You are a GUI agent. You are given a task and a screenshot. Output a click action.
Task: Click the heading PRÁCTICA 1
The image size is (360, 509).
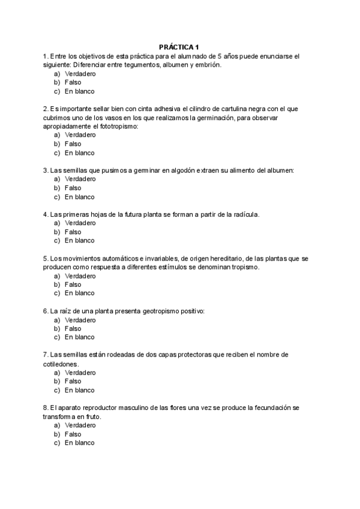(180, 47)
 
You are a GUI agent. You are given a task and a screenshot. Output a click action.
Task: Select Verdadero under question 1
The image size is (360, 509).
(80, 74)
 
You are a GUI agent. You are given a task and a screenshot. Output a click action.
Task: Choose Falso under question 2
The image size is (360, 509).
(73, 144)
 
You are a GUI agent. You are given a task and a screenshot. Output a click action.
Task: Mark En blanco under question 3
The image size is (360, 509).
(80, 197)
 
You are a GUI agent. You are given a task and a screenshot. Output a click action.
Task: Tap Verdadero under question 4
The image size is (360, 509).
(80, 223)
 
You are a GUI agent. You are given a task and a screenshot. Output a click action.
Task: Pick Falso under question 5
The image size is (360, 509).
(73, 285)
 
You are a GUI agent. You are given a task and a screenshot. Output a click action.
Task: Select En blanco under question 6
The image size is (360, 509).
(80, 337)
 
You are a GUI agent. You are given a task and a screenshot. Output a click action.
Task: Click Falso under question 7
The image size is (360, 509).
(73, 381)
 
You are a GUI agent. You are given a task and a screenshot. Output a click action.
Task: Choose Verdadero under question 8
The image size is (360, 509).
(80, 425)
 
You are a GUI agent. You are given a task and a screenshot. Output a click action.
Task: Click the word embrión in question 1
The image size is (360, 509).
(207, 65)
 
